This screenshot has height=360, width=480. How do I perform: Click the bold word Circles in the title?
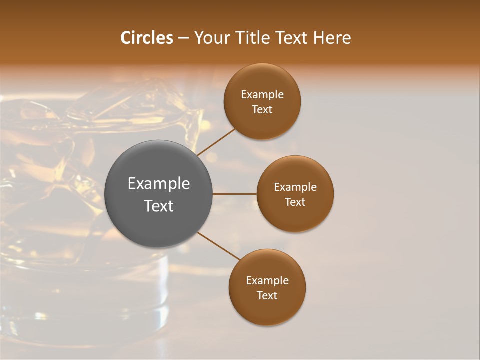point(147,38)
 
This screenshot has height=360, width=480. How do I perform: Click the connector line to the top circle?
point(216,142)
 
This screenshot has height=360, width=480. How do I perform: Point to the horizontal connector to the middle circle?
point(235,194)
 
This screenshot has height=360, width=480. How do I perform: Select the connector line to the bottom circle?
point(219,246)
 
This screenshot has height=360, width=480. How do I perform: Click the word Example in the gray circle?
point(159,184)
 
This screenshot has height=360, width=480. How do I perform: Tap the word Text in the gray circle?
point(159,206)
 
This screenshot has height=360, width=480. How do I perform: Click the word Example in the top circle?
point(262,95)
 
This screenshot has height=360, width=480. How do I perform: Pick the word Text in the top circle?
point(262,110)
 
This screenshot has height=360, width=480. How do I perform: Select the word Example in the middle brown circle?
point(295,187)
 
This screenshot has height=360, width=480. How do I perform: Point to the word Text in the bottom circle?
point(267,296)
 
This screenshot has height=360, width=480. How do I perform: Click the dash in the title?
point(183,38)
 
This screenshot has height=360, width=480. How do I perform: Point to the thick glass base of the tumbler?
point(100,300)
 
